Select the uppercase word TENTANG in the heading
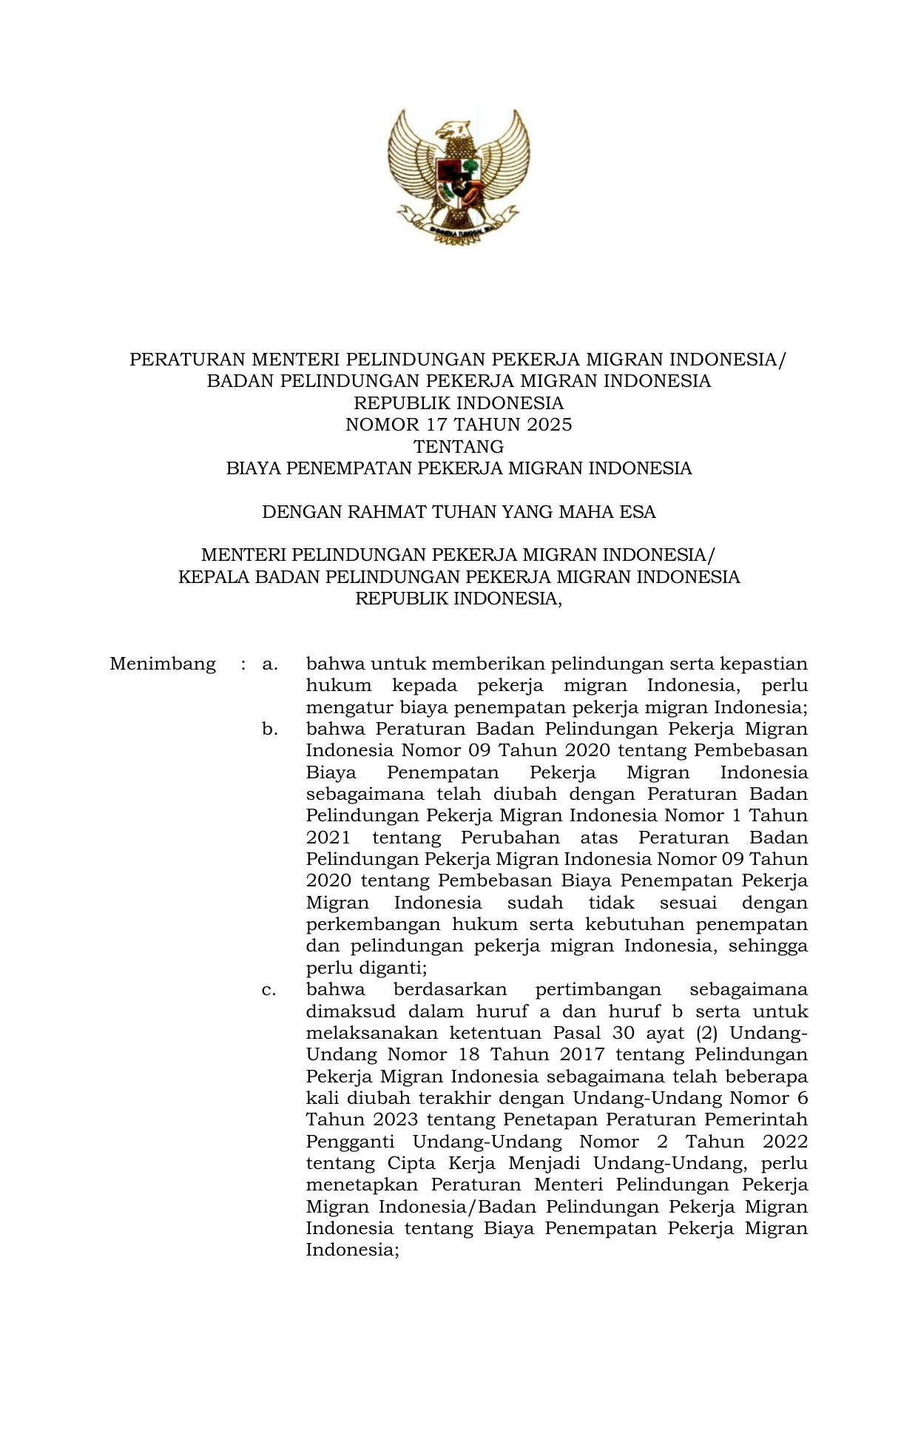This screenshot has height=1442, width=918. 459,447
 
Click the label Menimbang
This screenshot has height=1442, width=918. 163,664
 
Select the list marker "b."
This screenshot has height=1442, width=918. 270,730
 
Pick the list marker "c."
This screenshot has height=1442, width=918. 270,990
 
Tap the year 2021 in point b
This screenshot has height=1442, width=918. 328,838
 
